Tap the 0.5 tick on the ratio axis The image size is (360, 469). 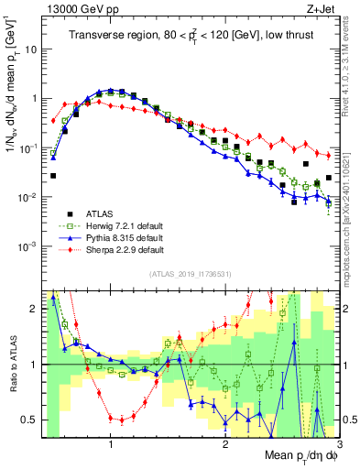click(29, 420)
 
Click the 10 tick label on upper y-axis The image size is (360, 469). click(29, 49)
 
